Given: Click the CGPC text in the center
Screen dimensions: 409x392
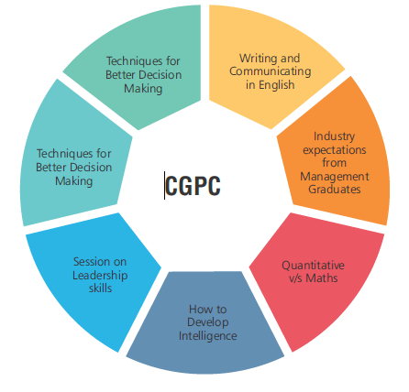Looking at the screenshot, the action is pyautogui.click(x=193, y=186).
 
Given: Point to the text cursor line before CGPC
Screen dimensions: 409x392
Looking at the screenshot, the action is pyautogui.click(x=164, y=185).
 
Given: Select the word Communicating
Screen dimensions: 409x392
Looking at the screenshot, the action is pyautogui.click(x=271, y=71).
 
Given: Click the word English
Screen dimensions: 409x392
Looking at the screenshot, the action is pyautogui.click(x=277, y=85).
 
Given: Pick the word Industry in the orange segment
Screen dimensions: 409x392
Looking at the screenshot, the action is pyautogui.click(x=334, y=136).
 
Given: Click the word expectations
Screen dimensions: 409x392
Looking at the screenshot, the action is pyautogui.click(x=335, y=150).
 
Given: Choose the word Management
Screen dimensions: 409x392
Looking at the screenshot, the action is pyautogui.click(x=335, y=177).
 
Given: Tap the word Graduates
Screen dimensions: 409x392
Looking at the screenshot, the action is pyautogui.click(x=335, y=190).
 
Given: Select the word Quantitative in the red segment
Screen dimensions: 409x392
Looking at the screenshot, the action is pyautogui.click(x=313, y=266).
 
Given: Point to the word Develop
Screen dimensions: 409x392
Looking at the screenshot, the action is pyautogui.click(x=208, y=322).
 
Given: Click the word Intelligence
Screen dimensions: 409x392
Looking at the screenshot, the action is pyautogui.click(x=208, y=336).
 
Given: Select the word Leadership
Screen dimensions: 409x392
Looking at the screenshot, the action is pyautogui.click(x=100, y=276).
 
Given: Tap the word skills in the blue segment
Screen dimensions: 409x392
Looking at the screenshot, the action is pyautogui.click(x=100, y=289).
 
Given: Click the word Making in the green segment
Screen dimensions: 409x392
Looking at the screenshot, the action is pyautogui.click(x=143, y=89).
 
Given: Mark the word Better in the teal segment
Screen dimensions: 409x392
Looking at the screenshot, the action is pyautogui.click(x=53, y=168).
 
